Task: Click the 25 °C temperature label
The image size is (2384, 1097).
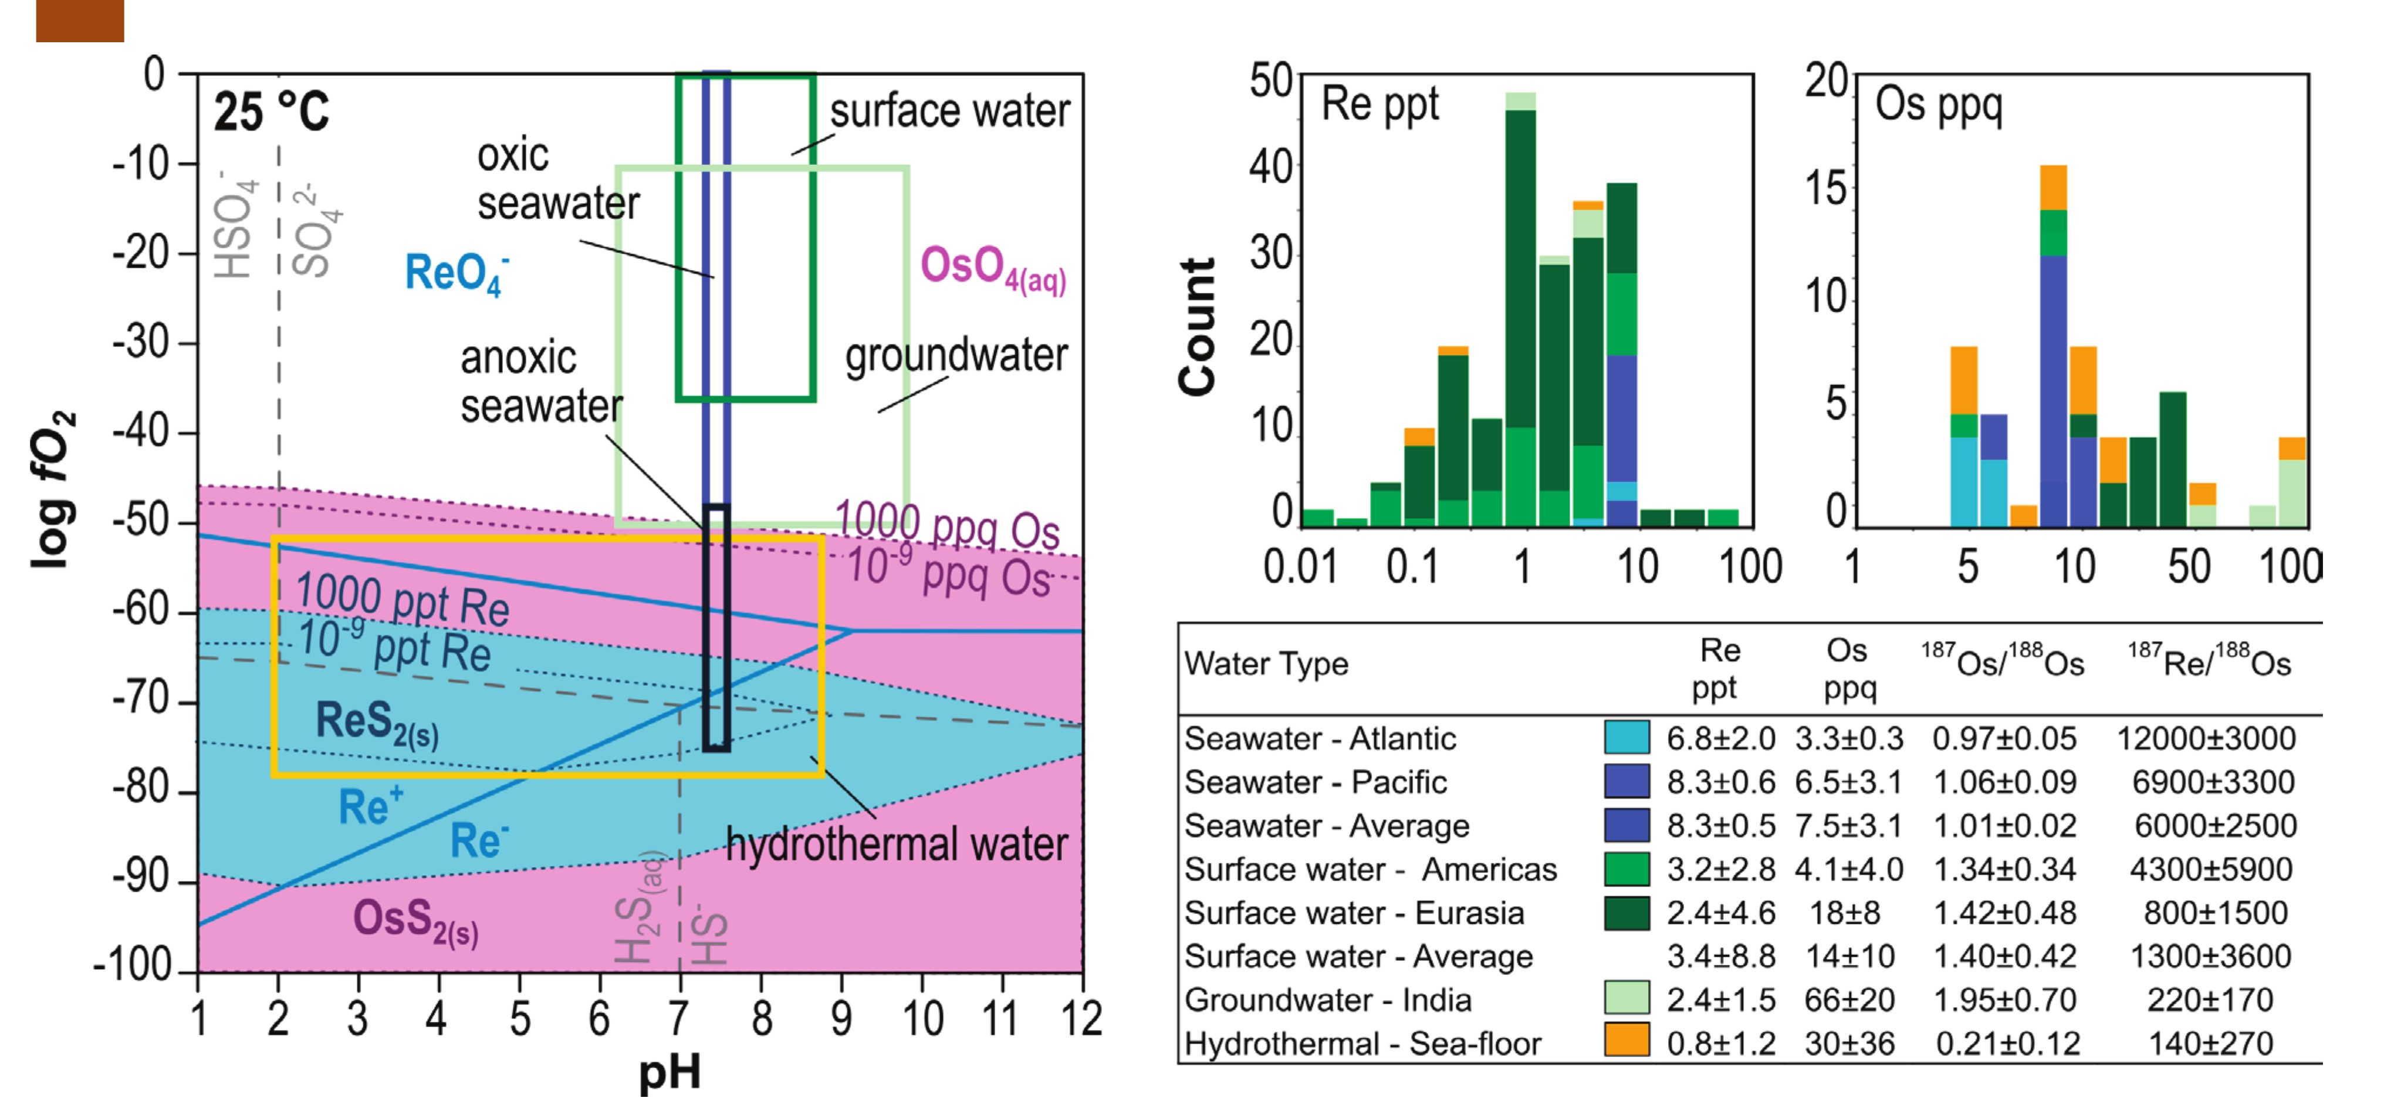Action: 271,113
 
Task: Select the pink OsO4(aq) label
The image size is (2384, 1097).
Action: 992,268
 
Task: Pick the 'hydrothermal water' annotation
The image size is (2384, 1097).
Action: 896,844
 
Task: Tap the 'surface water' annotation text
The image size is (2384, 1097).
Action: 949,111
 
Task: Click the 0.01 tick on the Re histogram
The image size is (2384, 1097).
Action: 1300,566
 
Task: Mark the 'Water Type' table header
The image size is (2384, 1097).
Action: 1266,664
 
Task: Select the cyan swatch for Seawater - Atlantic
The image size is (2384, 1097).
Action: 1626,737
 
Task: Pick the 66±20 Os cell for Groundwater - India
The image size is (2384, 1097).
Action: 1849,1000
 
